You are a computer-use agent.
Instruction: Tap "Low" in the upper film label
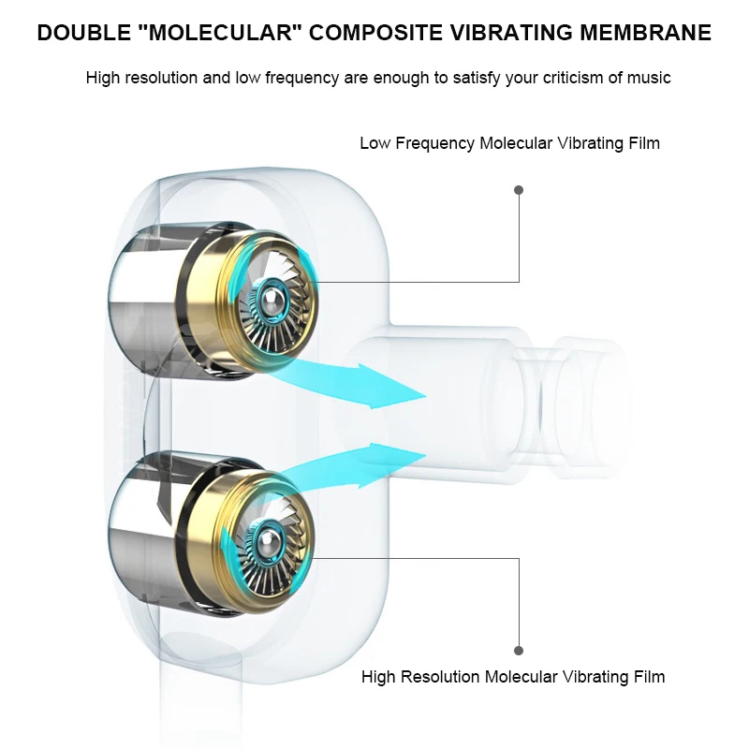374,143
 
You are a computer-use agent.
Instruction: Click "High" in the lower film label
378,676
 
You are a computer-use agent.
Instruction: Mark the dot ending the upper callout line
519,190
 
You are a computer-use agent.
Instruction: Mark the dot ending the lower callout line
519,650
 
